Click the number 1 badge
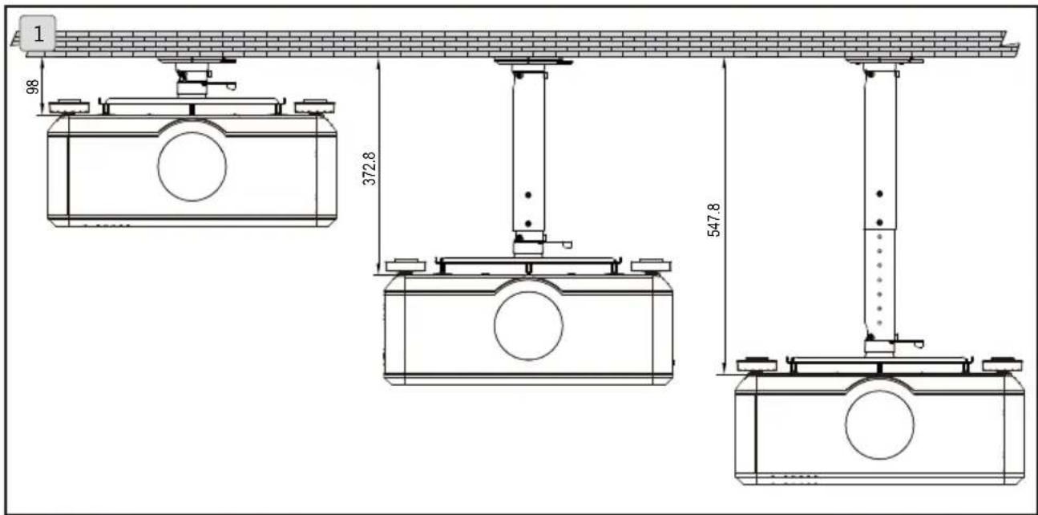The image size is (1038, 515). tap(38, 34)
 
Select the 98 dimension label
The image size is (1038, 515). tap(32, 87)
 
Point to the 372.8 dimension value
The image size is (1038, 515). tap(369, 169)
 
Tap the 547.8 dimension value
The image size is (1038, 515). tap(713, 220)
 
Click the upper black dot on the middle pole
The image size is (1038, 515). tap(527, 195)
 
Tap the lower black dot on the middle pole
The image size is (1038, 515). tap(527, 224)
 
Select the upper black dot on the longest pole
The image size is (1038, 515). tap(879, 193)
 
